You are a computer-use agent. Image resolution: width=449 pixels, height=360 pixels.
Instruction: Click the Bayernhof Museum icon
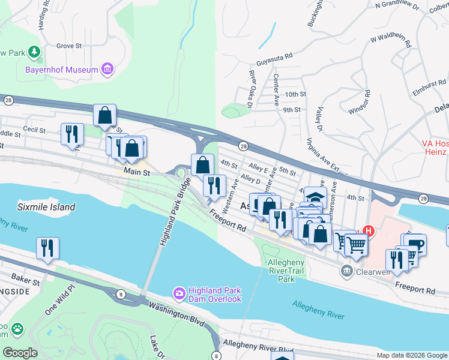[x=107, y=70]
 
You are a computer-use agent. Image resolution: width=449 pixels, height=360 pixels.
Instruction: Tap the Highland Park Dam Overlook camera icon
[x=179, y=293]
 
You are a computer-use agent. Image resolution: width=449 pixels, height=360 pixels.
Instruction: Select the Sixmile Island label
[x=46, y=207]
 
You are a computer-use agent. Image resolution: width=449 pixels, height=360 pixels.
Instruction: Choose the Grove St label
[x=68, y=46]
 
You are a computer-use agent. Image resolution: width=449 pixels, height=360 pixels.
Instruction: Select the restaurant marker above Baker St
[x=48, y=247]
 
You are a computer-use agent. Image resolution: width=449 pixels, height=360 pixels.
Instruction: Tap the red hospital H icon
[x=369, y=230]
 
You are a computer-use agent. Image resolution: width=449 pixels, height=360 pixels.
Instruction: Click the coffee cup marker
[x=414, y=244]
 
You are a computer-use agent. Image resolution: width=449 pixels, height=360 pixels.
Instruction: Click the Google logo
[x=20, y=353]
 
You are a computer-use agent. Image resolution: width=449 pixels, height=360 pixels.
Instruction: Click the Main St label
[x=136, y=172]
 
